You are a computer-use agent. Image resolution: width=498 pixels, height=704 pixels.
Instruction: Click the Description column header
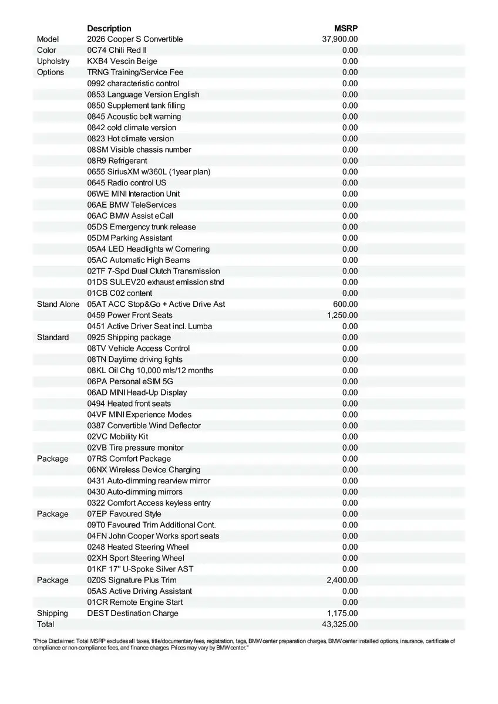(x=109, y=28)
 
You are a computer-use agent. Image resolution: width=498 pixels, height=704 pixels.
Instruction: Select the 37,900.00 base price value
(x=340, y=39)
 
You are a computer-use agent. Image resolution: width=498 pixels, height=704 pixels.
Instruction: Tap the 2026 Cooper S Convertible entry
(x=135, y=39)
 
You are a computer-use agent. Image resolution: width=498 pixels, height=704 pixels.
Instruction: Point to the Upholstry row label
(x=53, y=61)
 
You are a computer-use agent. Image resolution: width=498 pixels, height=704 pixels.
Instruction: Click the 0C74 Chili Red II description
(x=117, y=50)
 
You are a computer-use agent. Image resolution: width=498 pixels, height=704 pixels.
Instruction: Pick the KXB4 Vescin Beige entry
(x=122, y=61)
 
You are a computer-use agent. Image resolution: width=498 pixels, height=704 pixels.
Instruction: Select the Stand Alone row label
(x=58, y=304)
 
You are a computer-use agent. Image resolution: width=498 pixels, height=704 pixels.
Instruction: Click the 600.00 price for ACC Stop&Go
(x=345, y=304)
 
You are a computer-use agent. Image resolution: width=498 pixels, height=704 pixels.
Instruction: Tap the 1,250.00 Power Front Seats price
(x=342, y=315)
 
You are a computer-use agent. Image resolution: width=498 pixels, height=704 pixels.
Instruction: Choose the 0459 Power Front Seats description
(x=130, y=315)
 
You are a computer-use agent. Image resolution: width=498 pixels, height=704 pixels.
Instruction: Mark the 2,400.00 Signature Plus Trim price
(x=342, y=580)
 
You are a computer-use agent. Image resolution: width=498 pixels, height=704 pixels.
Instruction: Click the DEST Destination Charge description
(x=133, y=613)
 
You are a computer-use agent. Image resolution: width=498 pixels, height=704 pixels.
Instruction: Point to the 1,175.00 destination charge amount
(x=342, y=613)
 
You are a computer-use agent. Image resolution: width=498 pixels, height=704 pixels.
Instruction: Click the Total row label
(x=45, y=624)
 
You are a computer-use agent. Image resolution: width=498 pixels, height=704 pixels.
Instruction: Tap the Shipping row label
(x=52, y=613)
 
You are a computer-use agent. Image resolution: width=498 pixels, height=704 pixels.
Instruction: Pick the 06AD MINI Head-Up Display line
(x=137, y=392)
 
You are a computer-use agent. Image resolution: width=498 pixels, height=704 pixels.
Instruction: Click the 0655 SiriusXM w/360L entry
(x=149, y=172)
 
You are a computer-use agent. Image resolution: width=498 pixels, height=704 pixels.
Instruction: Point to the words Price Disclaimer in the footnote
(x=53, y=641)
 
